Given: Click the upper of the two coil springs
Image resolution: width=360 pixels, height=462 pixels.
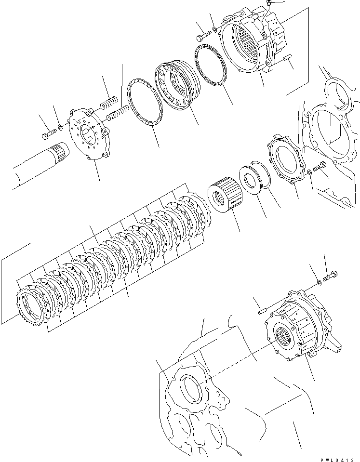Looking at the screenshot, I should click(109, 102).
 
